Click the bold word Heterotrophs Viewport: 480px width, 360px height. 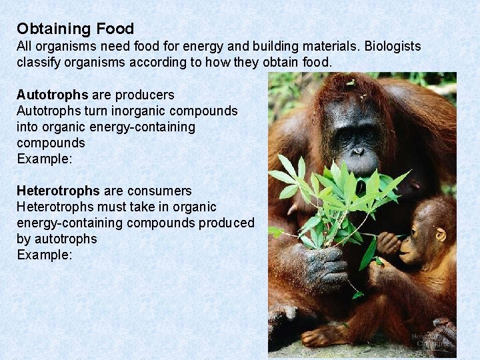(58, 191)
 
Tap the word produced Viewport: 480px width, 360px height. (226, 223)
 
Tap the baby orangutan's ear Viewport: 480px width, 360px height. (441, 235)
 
